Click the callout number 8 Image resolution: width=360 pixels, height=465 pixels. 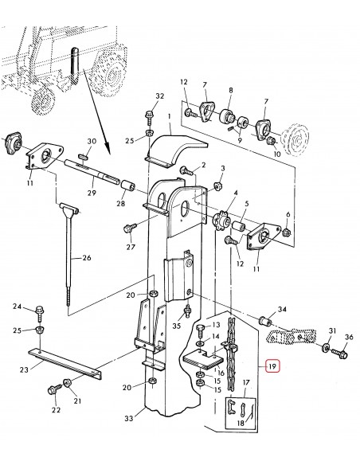230,90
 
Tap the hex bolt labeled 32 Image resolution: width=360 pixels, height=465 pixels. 149,115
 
